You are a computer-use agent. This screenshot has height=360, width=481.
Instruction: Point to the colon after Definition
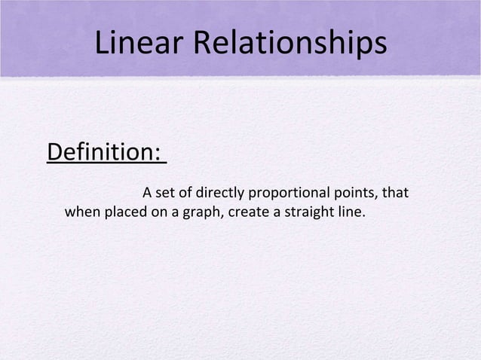[x=161, y=154]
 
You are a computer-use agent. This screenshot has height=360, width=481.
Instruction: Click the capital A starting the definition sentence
[x=147, y=194]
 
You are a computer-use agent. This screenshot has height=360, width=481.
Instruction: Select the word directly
[x=216, y=194]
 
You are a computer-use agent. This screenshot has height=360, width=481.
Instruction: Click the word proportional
[x=292, y=194]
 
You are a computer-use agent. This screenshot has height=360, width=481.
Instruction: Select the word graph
[x=200, y=212]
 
